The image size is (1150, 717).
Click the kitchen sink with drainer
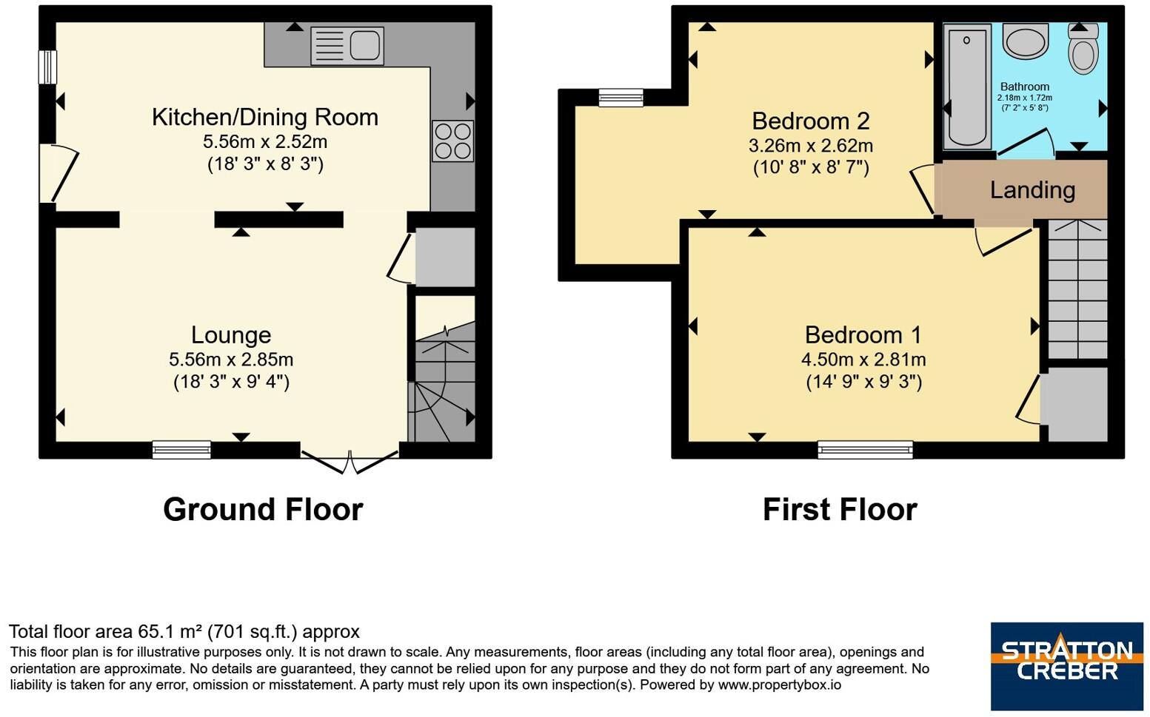tap(347, 46)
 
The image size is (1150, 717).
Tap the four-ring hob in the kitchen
tap(452, 141)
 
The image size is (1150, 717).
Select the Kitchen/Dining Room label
tap(265, 118)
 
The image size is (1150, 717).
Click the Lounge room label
tap(231, 335)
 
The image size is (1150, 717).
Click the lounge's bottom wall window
tap(181, 449)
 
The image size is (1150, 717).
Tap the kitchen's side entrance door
tap(58, 173)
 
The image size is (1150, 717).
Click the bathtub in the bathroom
tap(967, 87)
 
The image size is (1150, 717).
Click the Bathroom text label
tap(1025, 87)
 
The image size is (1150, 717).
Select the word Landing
tap(1032, 190)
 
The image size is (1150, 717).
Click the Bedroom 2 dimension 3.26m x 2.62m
tap(811, 147)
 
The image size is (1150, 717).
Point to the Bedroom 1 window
tap(865, 449)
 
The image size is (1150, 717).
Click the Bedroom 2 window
tap(621, 98)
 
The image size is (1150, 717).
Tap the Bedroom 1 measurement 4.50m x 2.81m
tap(863, 360)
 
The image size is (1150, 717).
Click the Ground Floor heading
tap(264, 510)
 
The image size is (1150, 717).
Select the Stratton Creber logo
tap(1067, 666)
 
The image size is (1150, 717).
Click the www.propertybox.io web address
tap(779, 685)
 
